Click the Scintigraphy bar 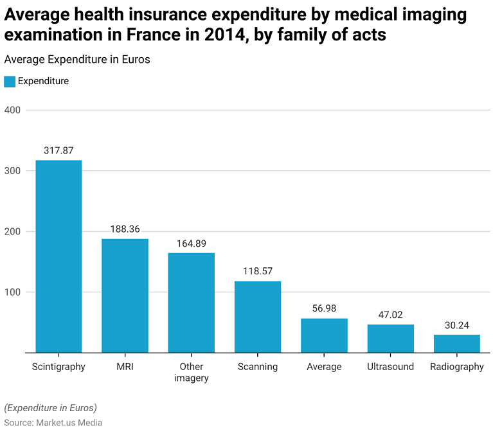58,256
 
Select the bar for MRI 125,296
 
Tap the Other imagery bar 192,303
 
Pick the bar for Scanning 258,317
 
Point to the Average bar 324,335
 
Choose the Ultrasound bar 391,339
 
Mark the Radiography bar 457,344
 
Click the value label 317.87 58,150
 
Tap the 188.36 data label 125,229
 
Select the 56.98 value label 324,308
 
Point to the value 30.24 457,325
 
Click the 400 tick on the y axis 13,110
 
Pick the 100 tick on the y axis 13,292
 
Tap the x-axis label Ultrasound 391,367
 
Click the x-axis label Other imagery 192,373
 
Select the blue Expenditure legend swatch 10,82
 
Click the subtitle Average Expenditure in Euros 77,60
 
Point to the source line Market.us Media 53,423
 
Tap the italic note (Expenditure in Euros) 50,408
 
